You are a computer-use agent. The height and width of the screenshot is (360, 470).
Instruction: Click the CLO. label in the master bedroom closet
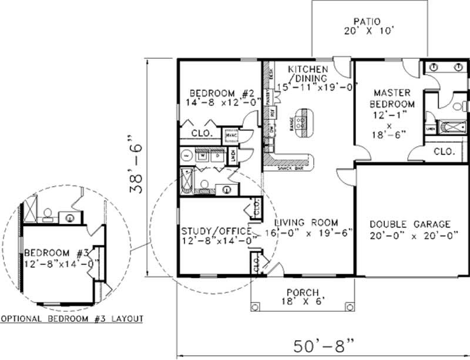point(444,152)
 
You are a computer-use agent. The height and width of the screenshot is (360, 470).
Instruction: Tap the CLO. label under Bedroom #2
point(201,134)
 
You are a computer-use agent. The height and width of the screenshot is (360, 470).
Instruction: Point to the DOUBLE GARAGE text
point(410,224)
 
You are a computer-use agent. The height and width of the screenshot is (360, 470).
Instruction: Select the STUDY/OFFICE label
point(212,231)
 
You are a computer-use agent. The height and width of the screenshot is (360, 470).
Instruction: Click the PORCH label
point(303,292)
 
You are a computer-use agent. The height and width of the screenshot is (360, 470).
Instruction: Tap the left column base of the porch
point(255,307)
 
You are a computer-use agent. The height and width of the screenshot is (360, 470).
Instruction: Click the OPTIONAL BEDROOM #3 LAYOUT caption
point(72,319)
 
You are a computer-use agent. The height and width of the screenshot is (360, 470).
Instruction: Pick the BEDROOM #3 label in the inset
point(56,253)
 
